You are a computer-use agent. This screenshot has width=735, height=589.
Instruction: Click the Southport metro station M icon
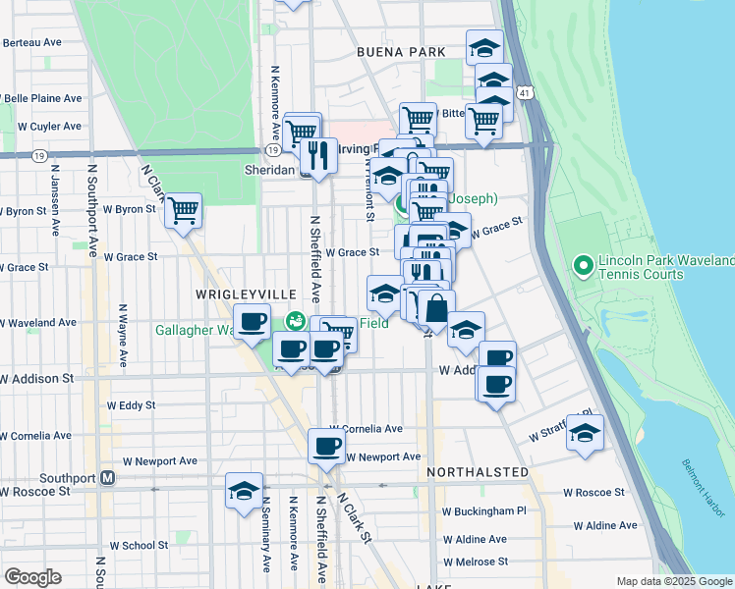(x=109, y=478)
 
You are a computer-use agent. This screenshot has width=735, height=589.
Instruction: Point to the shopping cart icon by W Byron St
(x=183, y=210)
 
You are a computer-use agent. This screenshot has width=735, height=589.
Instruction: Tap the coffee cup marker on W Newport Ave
(x=327, y=447)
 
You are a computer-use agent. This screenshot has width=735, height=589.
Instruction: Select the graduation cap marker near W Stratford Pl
(x=585, y=433)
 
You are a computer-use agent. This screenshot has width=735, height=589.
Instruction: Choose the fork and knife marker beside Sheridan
(x=317, y=155)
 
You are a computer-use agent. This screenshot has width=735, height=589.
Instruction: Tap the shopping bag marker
(x=436, y=308)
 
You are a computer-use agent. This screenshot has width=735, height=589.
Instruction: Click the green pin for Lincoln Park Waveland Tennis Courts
(x=583, y=265)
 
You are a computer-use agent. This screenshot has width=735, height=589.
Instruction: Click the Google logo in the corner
(x=32, y=576)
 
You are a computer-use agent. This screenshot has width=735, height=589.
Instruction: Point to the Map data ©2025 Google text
(x=674, y=581)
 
